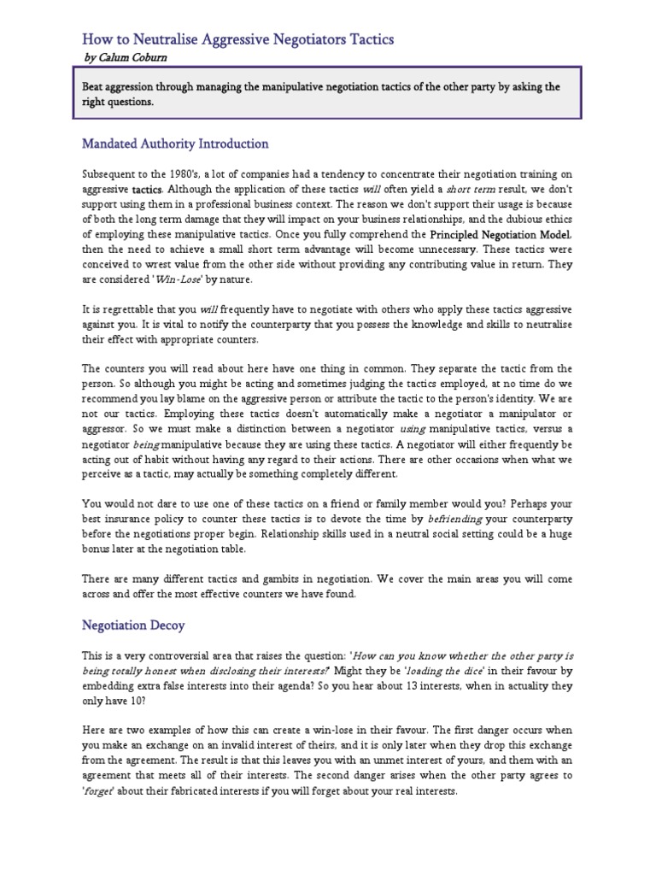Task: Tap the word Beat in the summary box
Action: click(95, 87)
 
